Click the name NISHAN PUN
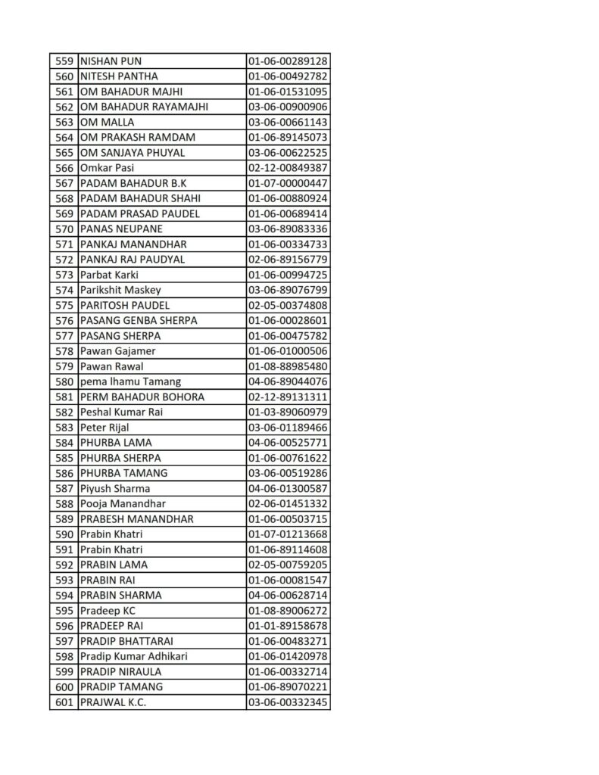(111, 61)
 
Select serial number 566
(64, 168)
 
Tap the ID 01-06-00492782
(287, 76)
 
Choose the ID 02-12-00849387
(287, 168)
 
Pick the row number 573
(64, 275)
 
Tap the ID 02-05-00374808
(287, 305)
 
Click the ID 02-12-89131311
(287, 397)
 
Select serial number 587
(64, 488)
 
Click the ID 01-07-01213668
(287, 534)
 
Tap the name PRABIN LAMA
(114, 565)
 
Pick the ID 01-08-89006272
(287, 610)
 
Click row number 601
(64, 702)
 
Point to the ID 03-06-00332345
(287, 702)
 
